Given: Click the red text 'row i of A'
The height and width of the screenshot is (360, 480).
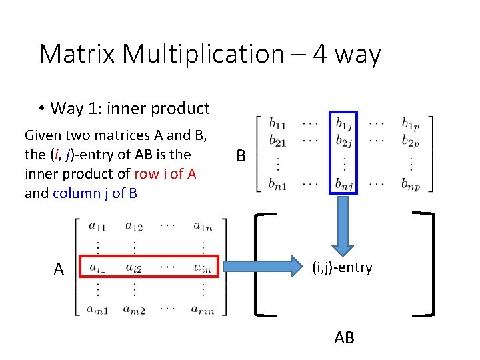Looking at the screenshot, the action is coord(165,174).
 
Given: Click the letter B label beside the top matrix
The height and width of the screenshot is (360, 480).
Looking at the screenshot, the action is coord(241,157).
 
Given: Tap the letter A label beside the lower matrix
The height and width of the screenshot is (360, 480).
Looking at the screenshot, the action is coord(59,269).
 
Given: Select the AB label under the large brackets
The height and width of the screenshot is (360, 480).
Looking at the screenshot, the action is coord(344,338).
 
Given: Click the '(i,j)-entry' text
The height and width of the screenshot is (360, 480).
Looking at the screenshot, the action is coord(342,268).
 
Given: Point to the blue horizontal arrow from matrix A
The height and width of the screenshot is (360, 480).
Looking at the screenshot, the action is coord(273,268).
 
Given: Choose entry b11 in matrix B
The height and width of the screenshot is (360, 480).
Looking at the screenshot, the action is coord(279,123).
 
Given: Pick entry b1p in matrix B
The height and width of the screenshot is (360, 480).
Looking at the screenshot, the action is coord(411,123).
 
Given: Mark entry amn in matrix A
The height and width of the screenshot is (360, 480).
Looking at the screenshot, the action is coord(203,309).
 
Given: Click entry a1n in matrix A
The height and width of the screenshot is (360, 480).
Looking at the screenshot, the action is coord(203,228).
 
